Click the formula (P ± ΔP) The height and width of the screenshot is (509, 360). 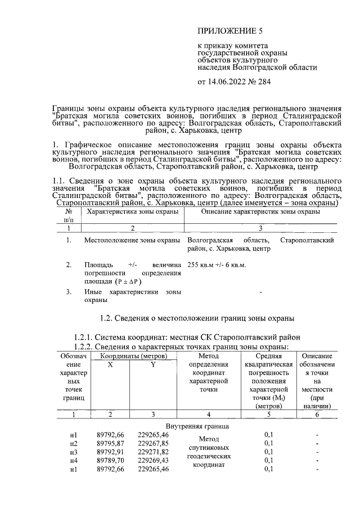pyautogui.click(x=129, y=281)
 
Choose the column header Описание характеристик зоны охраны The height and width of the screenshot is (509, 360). pyautogui.click(x=260, y=212)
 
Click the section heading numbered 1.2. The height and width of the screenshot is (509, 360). pyautogui.click(x=196, y=319)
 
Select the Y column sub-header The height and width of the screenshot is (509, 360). pyautogui.click(x=152, y=364)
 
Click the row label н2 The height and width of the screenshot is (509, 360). pyautogui.click(x=73, y=443)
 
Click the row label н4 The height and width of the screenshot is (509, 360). pyautogui.click(x=73, y=460)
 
